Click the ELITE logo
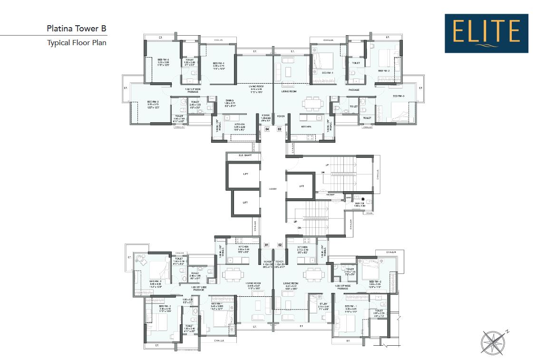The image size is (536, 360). (x=487, y=33)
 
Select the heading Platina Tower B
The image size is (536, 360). (x=77, y=29)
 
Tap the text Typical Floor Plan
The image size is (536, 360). (x=77, y=43)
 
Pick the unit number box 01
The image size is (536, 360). (x=267, y=245)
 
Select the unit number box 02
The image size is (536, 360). (x=280, y=245)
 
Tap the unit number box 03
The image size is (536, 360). (x=280, y=129)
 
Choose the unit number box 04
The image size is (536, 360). (x=267, y=129)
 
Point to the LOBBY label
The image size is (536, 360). (x=273, y=189)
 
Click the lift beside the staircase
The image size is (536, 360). (x=301, y=186)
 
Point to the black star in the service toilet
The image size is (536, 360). (x=363, y=199)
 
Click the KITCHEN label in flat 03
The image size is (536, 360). (x=306, y=126)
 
